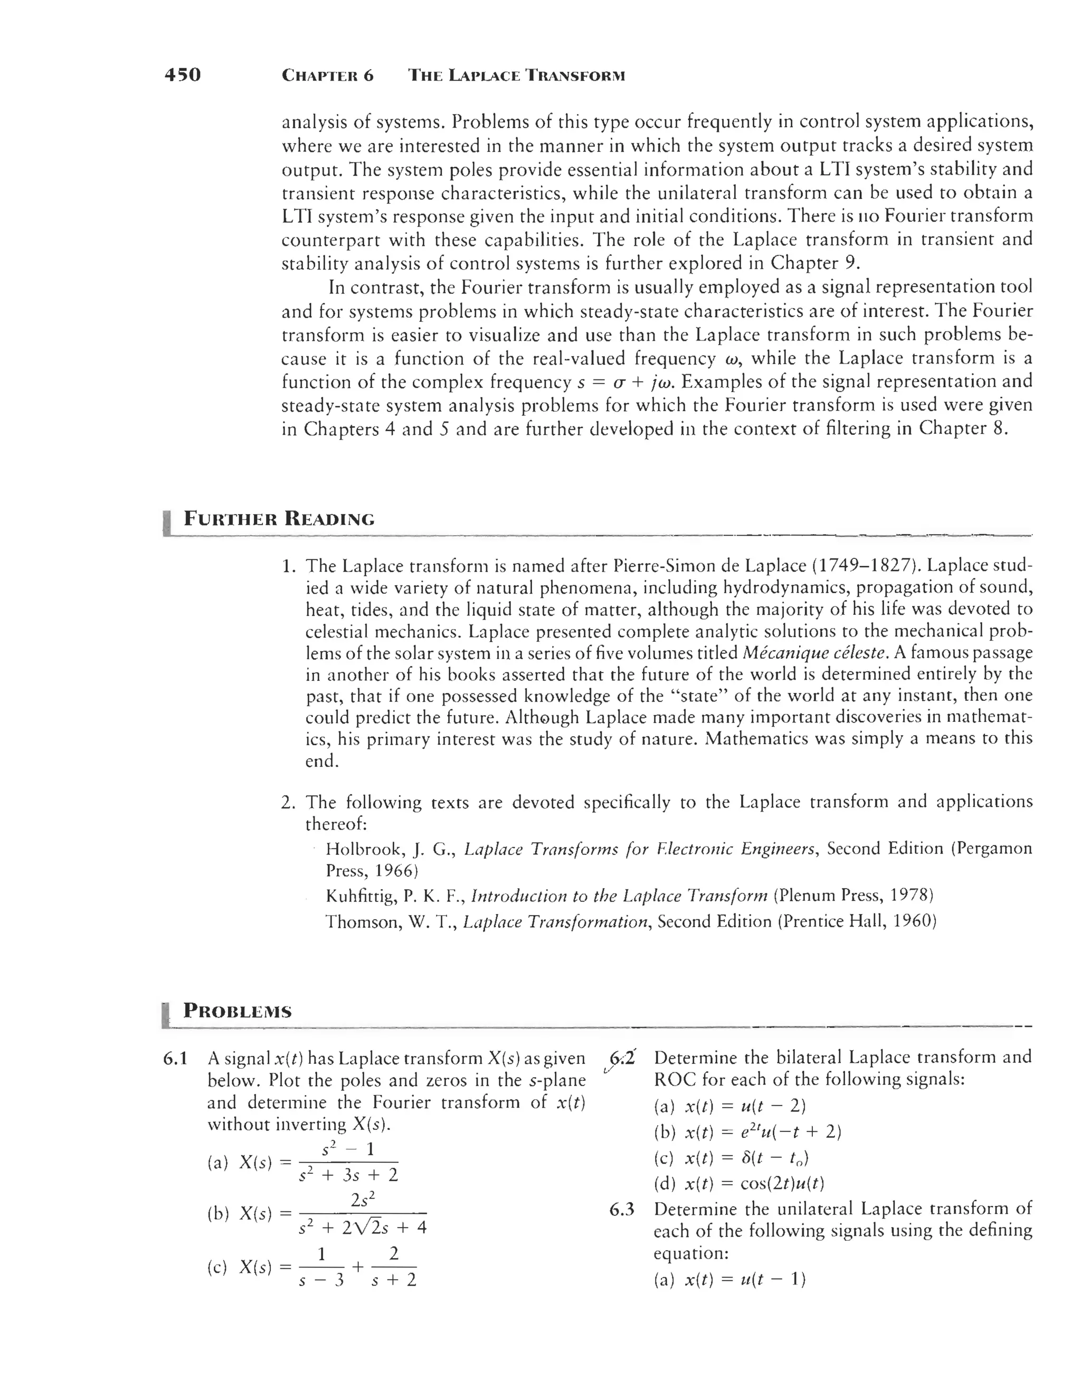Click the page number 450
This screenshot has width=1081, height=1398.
pos(183,75)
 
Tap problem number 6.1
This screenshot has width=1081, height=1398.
pos(175,1059)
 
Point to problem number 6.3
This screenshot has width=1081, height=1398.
pos(622,1209)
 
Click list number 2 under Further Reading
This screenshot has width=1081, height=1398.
pos(288,803)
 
